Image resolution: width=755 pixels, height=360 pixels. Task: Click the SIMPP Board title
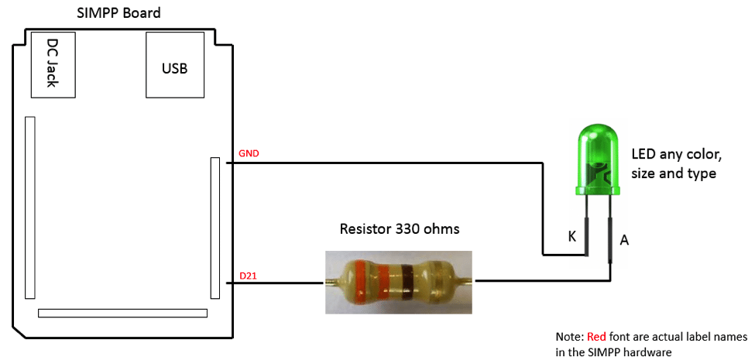tap(119, 13)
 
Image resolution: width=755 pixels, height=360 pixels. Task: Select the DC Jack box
tap(53, 63)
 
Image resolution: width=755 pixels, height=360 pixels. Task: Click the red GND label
tap(249, 153)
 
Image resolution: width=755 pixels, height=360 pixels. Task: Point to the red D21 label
tap(249, 276)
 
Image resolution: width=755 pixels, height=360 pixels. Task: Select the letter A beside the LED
tap(624, 241)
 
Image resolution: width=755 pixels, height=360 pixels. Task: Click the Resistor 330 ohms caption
tap(399, 229)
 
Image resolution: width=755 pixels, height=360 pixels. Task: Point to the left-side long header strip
tap(29, 207)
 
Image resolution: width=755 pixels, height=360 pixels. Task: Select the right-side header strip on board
tap(214, 227)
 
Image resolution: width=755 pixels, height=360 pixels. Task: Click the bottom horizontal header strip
tap(123, 314)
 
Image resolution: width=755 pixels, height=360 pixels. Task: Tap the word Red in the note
tap(596, 338)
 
